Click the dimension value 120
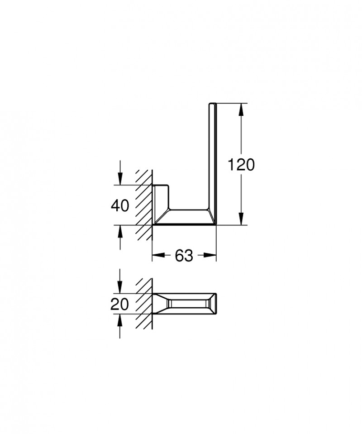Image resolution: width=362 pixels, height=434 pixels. [241, 165]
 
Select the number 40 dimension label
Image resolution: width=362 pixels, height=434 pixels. [120, 205]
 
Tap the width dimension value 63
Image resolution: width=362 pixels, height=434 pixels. [184, 256]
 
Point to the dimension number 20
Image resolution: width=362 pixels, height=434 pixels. [120, 304]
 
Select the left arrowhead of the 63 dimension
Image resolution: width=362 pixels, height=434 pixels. [157, 256]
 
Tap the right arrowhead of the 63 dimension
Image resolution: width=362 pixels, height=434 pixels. [210, 256]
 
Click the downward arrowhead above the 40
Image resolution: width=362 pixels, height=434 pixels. [120, 179]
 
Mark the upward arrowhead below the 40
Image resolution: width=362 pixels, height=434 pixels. [120, 231]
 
